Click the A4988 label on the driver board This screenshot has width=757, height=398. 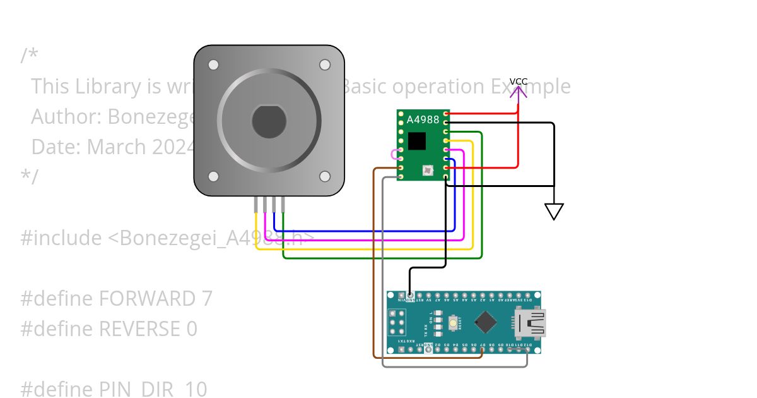pos(423,119)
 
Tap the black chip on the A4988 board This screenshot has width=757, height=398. pos(417,141)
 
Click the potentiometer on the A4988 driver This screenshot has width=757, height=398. pos(428,169)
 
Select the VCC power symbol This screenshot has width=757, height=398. pos(519,92)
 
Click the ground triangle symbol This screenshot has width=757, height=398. pos(554,211)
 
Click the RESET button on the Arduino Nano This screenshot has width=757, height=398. pos(453,323)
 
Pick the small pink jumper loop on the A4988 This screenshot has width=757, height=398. pos(395,154)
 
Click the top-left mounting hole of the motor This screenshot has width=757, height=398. pos(213,64)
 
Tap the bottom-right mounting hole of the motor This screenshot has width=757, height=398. pos(325,176)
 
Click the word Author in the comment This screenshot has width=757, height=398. pos(66,116)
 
